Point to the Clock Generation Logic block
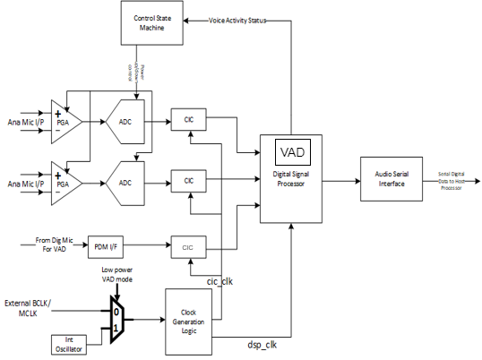click(189, 320)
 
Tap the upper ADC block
click(126, 118)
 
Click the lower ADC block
click(126, 181)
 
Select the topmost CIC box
click(188, 118)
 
